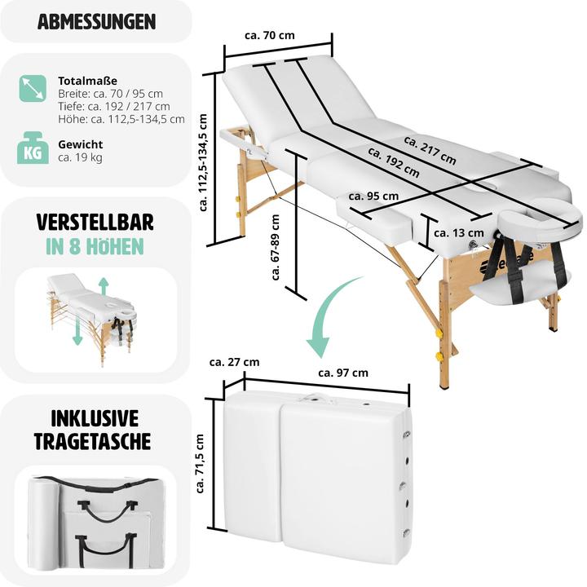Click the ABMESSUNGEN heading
(x=96, y=22)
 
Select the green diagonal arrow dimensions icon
(x=33, y=88)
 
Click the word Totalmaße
(x=88, y=81)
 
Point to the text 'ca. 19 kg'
(x=80, y=157)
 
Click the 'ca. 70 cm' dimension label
(x=269, y=35)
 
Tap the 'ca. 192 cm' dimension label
(x=393, y=161)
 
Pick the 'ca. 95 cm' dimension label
(x=373, y=196)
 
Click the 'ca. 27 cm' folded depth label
(x=234, y=361)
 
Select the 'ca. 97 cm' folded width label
(x=342, y=373)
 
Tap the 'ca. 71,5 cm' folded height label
(x=201, y=464)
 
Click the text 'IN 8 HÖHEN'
(x=95, y=246)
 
